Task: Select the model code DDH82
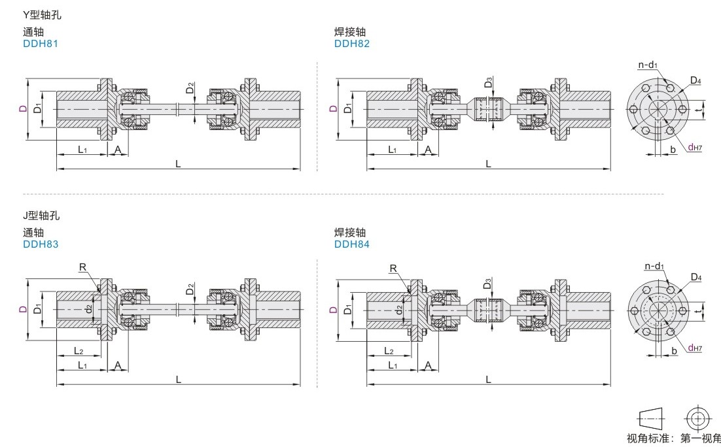point(351,44)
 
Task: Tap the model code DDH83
point(41,244)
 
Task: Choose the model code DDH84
point(351,244)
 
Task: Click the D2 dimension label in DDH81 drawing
point(190,87)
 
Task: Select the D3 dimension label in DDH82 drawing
point(488,83)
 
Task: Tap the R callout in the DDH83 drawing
point(82,267)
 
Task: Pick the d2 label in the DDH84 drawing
point(399,308)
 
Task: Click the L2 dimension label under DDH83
point(77,352)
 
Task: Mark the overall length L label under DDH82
point(488,163)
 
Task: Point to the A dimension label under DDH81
point(118,150)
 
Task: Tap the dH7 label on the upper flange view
point(695,148)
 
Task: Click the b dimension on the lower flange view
point(673,350)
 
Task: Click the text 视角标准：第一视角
point(673,438)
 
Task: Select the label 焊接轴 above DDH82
point(350,32)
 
